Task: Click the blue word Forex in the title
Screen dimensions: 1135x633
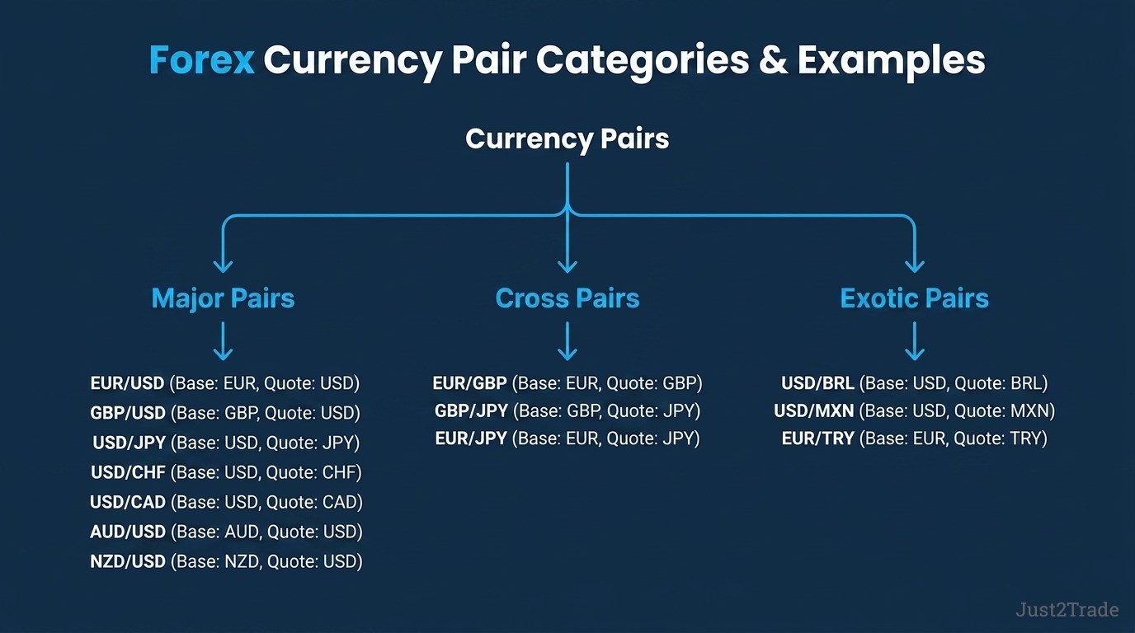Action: tap(201, 60)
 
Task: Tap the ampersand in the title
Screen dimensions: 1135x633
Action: tap(773, 60)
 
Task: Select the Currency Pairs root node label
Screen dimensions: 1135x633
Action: tap(567, 139)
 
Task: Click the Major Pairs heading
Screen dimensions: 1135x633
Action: tap(223, 298)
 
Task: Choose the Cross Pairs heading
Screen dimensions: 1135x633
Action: tap(567, 298)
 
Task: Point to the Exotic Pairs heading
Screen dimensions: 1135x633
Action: tap(915, 298)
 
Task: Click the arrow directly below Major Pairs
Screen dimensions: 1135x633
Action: tap(223, 341)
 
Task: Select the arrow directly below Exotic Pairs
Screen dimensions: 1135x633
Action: tap(915, 341)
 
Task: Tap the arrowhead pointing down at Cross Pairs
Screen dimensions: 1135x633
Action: tap(567, 265)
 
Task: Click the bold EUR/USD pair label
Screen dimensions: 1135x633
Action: tap(127, 383)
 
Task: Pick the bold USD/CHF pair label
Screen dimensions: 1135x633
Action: tap(128, 472)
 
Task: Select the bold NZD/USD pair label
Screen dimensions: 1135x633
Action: tap(128, 561)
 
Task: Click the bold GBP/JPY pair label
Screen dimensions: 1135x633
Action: tap(471, 410)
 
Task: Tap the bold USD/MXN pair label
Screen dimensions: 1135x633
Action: tap(814, 410)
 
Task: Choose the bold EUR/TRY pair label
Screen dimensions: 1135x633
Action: tap(817, 438)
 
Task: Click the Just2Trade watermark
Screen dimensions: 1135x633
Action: tap(1067, 609)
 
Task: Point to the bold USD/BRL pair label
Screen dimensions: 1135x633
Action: tap(817, 383)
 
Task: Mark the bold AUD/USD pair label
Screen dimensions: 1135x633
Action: tap(128, 532)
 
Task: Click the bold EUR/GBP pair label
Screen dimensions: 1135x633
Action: tap(469, 383)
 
